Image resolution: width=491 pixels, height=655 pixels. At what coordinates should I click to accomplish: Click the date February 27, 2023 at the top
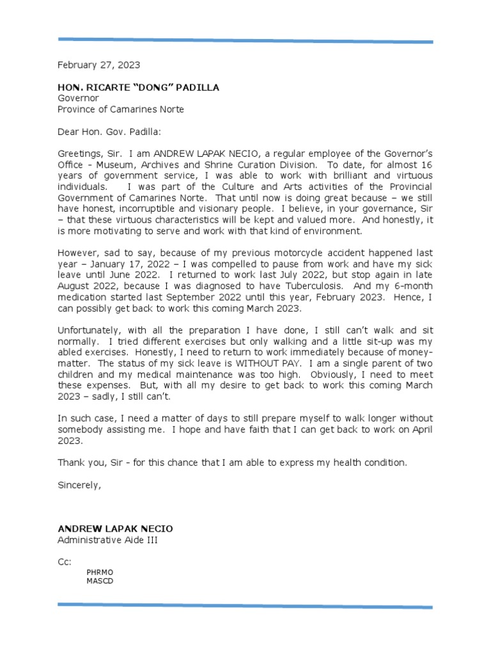tap(98, 65)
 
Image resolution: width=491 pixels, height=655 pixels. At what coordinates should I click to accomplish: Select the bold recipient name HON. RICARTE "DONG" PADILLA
tap(138, 88)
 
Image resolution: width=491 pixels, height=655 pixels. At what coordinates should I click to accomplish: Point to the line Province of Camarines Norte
tap(121, 109)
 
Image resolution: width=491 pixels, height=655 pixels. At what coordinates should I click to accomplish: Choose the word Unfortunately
tap(88, 330)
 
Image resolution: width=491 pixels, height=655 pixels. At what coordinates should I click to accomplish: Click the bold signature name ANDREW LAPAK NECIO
tap(115, 529)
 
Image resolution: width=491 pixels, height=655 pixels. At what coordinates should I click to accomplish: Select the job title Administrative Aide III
tap(107, 540)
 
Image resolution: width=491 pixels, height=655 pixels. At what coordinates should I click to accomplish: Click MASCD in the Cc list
tap(99, 581)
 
